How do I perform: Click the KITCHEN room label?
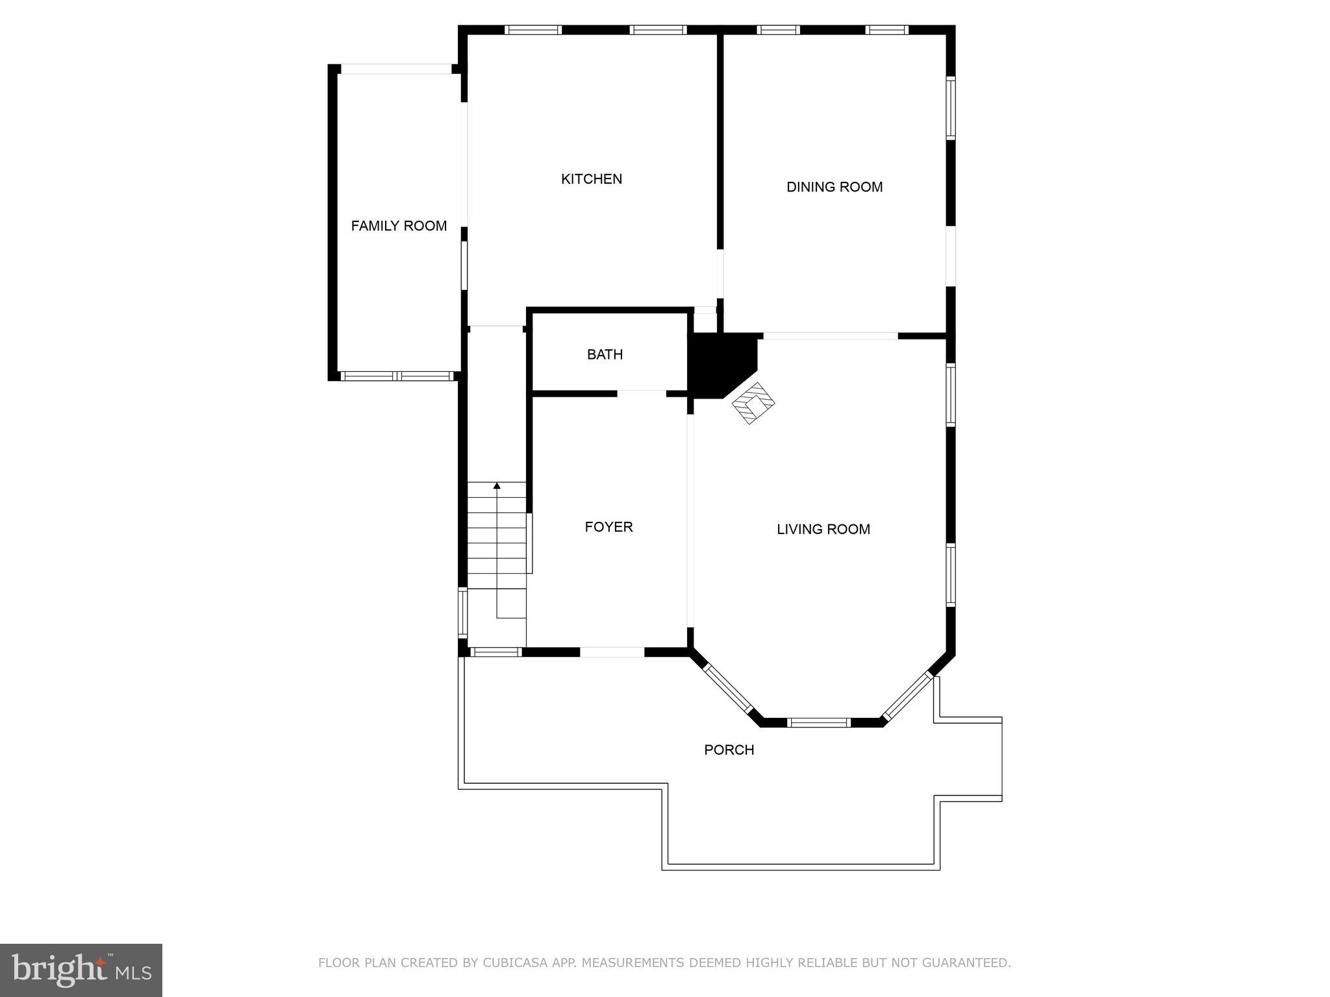coord(591,179)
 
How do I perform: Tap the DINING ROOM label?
coord(834,187)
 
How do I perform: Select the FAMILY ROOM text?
coord(399,226)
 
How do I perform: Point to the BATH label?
coord(605,354)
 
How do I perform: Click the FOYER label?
coord(609,527)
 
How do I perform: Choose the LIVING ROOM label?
coord(823,529)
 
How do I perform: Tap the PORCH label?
coord(729,750)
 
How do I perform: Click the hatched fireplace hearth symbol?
coord(753,404)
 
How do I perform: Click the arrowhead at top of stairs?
coord(497,486)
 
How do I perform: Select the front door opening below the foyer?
coord(612,652)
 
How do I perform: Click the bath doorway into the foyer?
coord(641,393)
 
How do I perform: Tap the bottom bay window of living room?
coord(818,722)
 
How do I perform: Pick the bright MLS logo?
coord(81,970)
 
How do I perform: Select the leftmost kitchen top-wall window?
coord(533,30)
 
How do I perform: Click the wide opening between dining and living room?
coord(830,336)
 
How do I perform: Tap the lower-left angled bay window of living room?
coord(727,689)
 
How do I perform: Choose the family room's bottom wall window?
coord(397,376)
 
